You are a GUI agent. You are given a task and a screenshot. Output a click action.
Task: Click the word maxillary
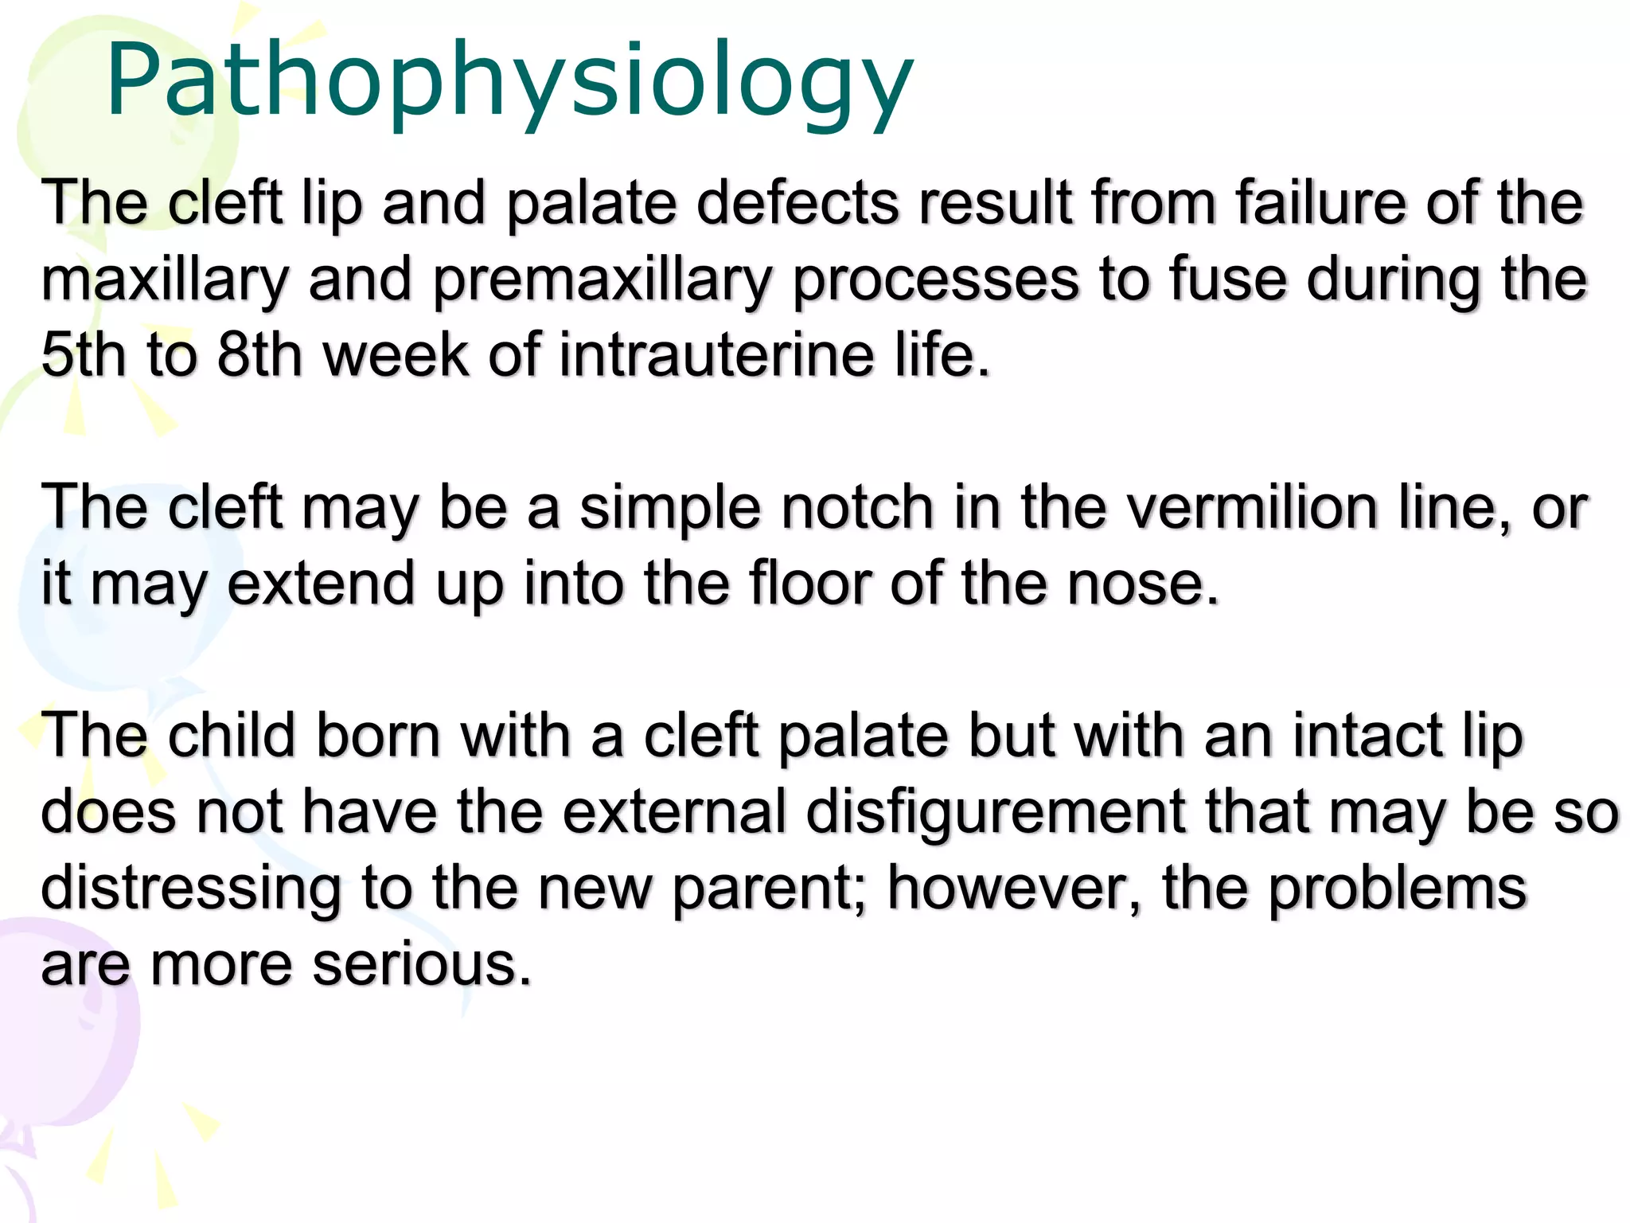click(x=165, y=280)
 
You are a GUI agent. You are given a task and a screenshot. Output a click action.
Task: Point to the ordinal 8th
click(x=259, y=354)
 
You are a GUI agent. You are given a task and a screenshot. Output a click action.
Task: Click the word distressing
click(x=191, y=888)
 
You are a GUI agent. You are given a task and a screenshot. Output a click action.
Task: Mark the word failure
click(x=1321, y=204)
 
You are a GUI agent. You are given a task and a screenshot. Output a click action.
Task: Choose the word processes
click(x=936, y=280)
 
